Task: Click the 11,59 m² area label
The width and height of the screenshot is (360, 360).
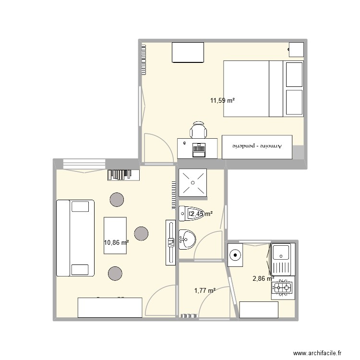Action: pos(222,101)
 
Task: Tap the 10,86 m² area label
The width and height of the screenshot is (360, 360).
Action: pos(116,243)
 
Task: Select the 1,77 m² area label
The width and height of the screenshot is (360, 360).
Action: pos(204,290)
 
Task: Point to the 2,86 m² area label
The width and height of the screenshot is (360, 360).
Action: pos(263,277)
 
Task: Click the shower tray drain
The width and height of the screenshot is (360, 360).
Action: pos(192,182)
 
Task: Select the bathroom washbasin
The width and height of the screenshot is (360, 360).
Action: pos(186,239)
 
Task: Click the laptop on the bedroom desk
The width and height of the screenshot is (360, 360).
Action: pos(198,150)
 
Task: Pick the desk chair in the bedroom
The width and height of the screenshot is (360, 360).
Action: pos(199,130)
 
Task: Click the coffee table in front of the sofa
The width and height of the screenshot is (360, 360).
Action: pos(115,233)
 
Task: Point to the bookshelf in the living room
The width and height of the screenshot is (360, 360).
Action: pos(123,174)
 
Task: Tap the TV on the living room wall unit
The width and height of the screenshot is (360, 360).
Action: pos(170,242)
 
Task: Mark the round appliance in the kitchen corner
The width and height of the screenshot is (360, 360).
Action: pos(235,255)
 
